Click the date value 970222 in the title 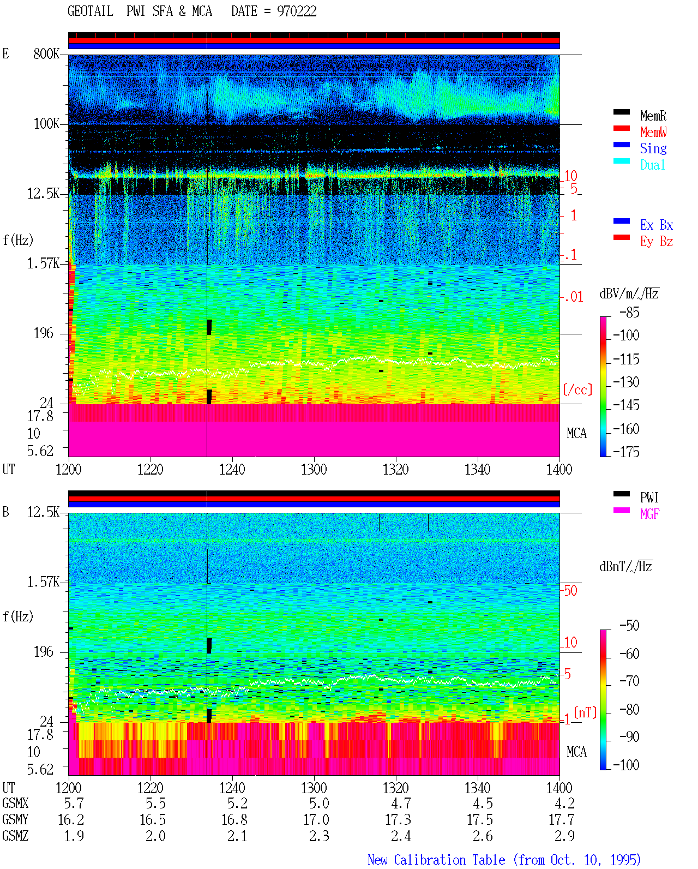point(297,11)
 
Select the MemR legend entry point(653,116)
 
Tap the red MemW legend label point(653,132)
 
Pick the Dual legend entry point(652,165)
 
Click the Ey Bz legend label point(656,241)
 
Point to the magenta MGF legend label point(649,514)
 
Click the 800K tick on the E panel point(46,53)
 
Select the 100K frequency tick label point(46,124)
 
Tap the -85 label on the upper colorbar point(629,312)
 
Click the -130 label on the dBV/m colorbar point(626,382)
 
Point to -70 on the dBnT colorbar point(629,681)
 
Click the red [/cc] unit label point(577,389)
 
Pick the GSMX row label point(15,803)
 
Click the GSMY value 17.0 point(316,820)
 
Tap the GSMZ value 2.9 point(564,836)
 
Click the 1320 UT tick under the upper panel point(396,469)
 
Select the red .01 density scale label point(573,297)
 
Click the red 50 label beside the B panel point(570,590)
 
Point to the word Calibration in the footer point(449,860)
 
